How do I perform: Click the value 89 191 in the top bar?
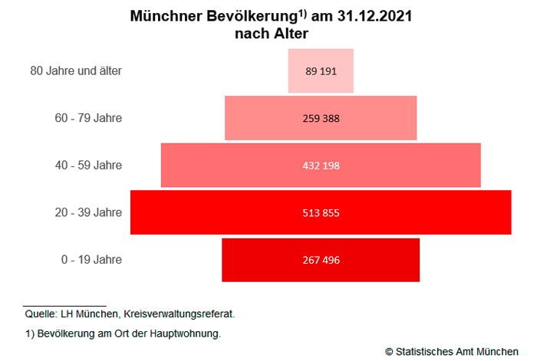tap(321, 71)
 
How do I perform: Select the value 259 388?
tap(321, 118)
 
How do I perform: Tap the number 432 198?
tap(321, 166)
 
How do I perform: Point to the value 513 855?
tap(321, 212)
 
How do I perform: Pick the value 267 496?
tap(321, 260)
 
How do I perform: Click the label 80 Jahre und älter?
tap(76, 71)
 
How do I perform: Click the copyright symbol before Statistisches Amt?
tap(389, 351)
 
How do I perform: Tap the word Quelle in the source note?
tap(39, 313)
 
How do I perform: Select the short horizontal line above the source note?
tap(64, 306)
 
